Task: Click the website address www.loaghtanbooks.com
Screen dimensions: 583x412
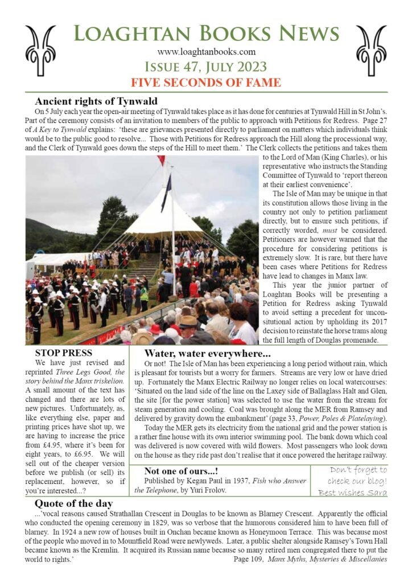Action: pyautogui.click(x=206, y=52)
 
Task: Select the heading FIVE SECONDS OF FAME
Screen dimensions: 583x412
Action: pyautogui.click(x=206, y=82)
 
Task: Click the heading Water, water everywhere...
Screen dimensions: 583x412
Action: pyautogui.click(x=207, y=353)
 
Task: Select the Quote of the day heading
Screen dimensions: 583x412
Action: pyautogui.click(x=74, y=503)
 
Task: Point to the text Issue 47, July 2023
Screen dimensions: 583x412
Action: pyautogui.click(x=206, y=67)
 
